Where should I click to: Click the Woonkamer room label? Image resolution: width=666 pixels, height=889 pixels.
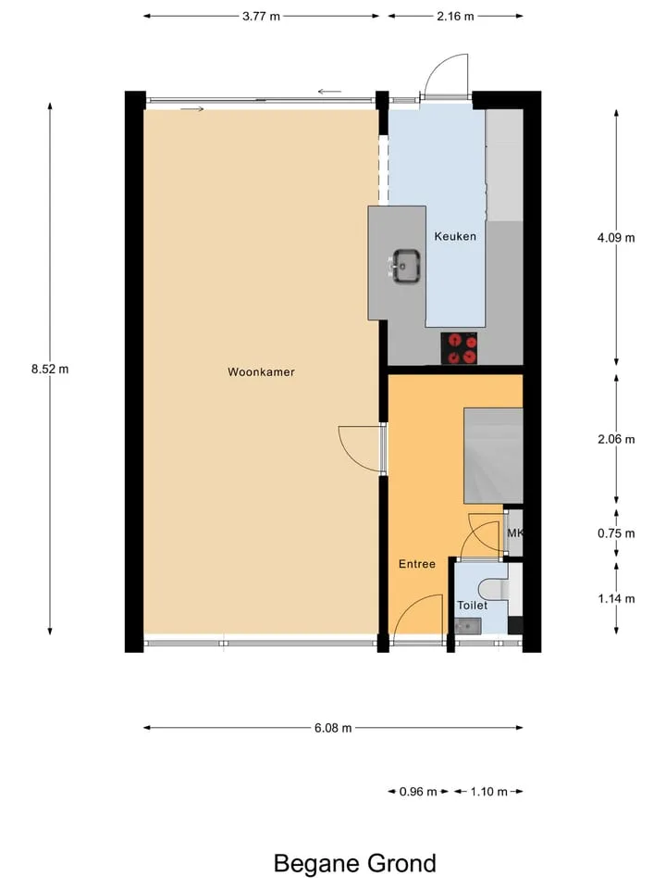point(261,372)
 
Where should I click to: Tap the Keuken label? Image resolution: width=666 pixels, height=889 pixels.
point(455,236)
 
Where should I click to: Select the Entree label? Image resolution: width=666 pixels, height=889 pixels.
point(417,564)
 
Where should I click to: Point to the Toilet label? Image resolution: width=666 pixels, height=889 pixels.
point(472,605)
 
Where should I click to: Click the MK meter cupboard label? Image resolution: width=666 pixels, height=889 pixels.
point(515,533)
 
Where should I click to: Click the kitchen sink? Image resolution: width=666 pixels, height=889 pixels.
point(404,266)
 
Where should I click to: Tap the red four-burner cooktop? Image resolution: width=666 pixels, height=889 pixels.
point(459,348)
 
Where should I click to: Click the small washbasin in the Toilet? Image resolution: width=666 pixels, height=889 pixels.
point(468,626)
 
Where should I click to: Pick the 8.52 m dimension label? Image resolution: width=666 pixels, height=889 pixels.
point(50,369)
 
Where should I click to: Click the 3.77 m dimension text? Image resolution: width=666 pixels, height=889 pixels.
point(261,17)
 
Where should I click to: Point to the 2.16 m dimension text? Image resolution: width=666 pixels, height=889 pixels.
point(455,17)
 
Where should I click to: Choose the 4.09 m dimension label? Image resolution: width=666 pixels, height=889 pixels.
point(616,238)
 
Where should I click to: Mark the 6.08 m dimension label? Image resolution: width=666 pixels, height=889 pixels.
point(333,728)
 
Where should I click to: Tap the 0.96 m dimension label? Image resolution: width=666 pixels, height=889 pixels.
point(418,792)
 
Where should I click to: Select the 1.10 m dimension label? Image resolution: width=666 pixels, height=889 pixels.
point(488,792)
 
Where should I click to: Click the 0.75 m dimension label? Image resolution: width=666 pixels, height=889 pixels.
point(616,533)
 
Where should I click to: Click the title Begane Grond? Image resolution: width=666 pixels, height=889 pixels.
point(355,863)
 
